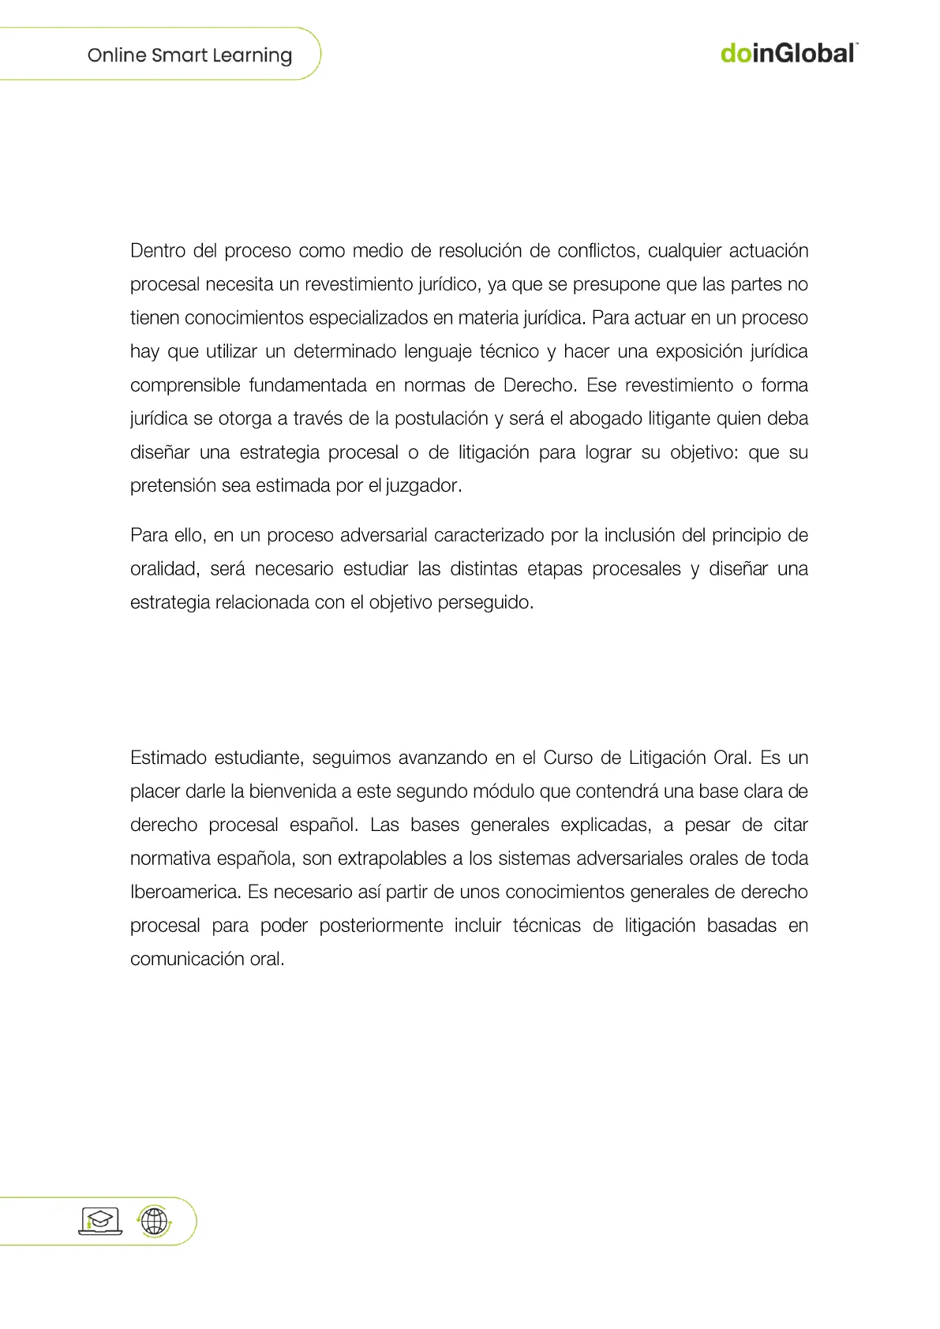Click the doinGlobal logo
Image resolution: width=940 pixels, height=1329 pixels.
click(x=788, y=54)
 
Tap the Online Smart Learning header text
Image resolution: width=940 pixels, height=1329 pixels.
click(x=189, y=55)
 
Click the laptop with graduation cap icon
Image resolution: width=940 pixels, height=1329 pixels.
click(x=100, y=1221)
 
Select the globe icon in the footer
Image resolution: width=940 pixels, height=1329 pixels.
click(x=155, y=1222)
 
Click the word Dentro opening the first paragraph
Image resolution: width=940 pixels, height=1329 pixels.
click(x=158, y=251)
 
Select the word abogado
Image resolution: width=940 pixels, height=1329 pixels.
click(x=605, y=418)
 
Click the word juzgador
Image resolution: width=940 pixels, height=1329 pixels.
click(x=422, y=486)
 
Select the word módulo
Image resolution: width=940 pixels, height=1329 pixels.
click(x=503, y=792)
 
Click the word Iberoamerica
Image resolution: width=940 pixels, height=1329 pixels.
click(x=185, y=892)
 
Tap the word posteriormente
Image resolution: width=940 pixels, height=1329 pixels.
click(x=380, y=926)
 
